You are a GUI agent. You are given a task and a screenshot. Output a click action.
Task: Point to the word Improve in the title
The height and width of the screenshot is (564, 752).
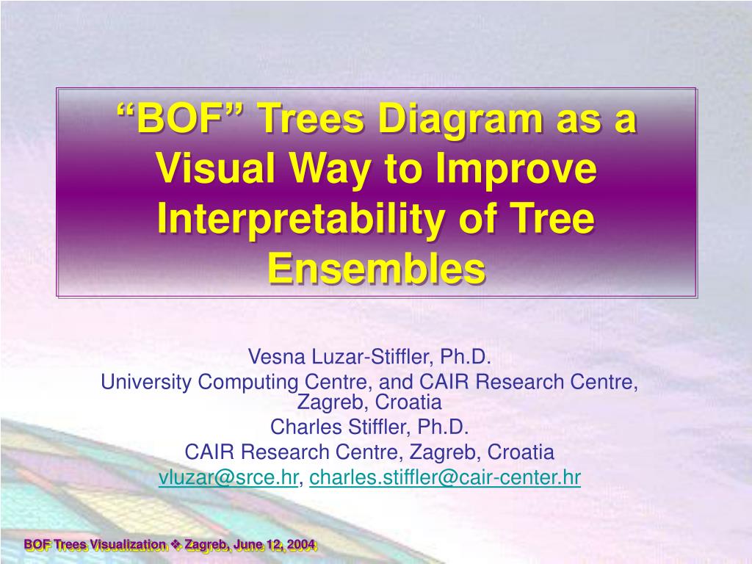516,170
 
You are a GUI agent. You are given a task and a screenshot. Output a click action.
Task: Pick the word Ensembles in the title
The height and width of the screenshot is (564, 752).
377,268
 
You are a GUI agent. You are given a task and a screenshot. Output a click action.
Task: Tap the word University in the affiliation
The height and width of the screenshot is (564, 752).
146,382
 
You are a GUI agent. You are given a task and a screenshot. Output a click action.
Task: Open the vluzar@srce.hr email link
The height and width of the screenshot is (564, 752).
228,477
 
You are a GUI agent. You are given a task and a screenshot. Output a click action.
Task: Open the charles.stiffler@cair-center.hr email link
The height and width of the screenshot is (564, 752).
445,477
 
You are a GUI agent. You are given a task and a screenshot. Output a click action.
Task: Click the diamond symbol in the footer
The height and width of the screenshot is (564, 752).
176,544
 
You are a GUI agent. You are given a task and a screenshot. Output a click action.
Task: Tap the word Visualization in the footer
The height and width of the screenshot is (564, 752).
128,544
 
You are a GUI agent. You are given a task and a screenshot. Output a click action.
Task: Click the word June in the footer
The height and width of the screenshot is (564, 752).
248,544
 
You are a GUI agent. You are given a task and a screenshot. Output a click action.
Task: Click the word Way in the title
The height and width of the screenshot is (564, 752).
330,170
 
